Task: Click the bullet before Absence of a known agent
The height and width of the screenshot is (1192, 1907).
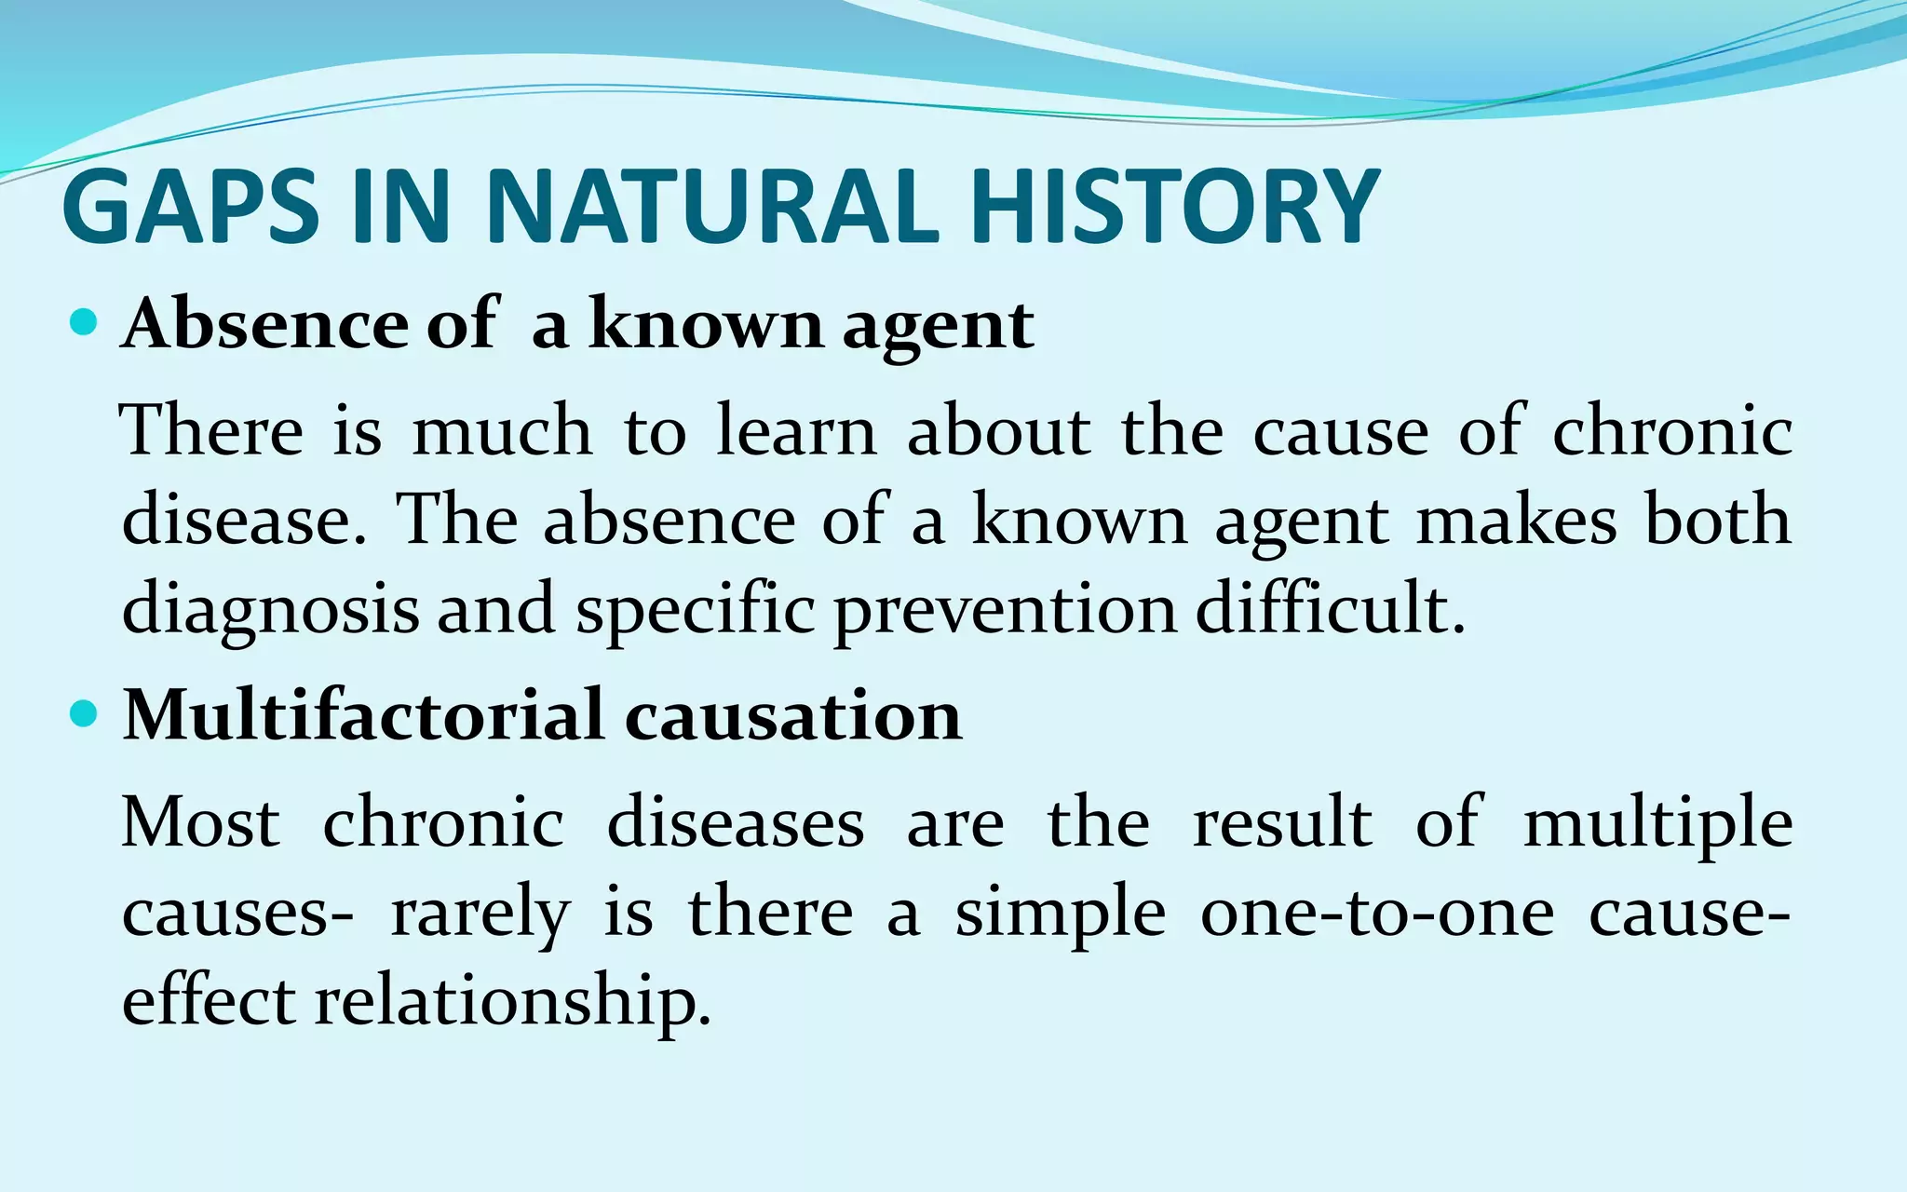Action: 84,324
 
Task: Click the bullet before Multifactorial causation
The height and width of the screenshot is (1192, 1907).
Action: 84,715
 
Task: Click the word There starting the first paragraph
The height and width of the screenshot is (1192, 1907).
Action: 213,430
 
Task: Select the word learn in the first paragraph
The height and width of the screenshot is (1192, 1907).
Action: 796,430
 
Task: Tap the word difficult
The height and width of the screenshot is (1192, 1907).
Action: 1330,607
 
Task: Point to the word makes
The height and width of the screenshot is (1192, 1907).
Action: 1517,520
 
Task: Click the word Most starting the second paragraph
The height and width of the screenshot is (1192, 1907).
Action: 201,822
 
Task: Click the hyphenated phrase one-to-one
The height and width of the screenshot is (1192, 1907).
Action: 1377,913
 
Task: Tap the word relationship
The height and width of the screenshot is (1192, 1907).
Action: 512,1002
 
